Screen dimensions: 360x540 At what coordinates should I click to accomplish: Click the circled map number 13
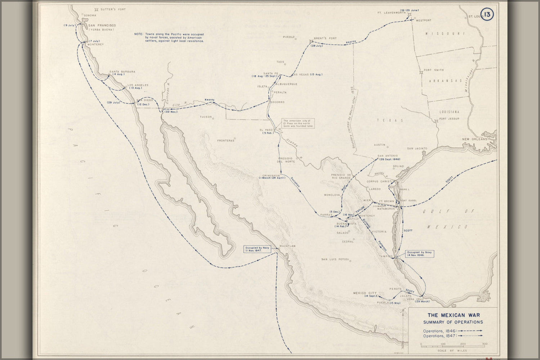487,15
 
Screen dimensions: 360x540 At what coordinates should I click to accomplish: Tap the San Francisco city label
102,26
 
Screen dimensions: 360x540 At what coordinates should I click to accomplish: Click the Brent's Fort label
325,38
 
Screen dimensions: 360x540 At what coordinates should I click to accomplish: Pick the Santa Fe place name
271,73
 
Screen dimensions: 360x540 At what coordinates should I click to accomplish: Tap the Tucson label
206,117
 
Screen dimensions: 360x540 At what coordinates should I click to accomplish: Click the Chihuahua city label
271,175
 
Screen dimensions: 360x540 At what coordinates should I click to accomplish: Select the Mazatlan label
287,246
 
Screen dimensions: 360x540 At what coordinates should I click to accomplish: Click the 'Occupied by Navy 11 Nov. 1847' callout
257,249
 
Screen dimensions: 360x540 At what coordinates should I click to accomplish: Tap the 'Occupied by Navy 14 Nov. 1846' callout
419,254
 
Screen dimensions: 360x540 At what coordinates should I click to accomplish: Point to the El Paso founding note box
298,123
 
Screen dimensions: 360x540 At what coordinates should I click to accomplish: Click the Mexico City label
365,293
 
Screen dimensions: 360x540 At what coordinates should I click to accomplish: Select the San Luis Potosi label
335,259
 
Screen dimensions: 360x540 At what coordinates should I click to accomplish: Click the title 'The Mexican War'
454,315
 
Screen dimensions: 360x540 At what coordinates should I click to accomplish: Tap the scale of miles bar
452,346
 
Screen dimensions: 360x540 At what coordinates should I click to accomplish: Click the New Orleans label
474,139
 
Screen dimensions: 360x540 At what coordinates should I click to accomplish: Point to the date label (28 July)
317,46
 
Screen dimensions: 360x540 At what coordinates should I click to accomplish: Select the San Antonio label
388,156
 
